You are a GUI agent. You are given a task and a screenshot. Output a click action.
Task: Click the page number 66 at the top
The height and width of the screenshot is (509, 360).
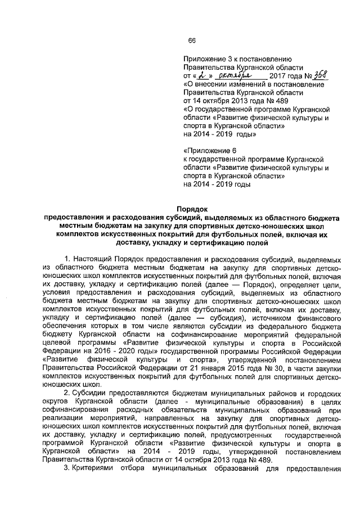pyautogui.click(x=191, y=40)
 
